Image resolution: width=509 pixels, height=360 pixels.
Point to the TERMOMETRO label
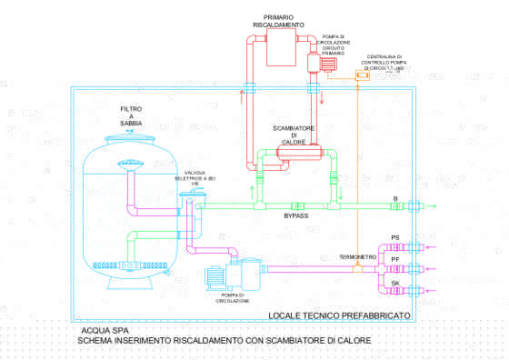pyautogui.click(x=357, y=257)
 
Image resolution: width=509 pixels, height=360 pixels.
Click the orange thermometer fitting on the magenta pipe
pyautogui.click(x=356, y=266)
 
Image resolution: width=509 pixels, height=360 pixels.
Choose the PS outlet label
pyautogui.click(x=394, y=237)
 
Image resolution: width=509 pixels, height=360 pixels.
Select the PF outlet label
pyautogui.click(x=394, y=259)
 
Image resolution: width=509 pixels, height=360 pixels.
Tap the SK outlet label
pyautogui.click(x=394, y=283)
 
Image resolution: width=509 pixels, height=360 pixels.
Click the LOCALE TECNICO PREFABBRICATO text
pyautogui.click(x=339, y=315)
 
